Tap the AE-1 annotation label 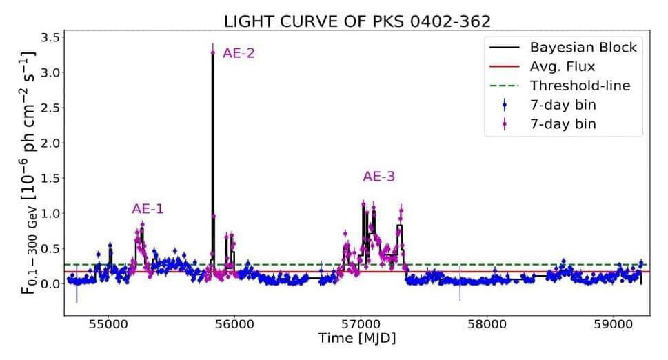tap(148, 209)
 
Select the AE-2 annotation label tap(239, 52)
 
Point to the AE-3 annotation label tap(379, 177)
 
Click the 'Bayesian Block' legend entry tap(583, 48)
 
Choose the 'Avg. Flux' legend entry tap(562, 67)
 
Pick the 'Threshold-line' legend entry tap(580, 86)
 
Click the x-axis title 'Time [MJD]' tap(357, 340)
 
